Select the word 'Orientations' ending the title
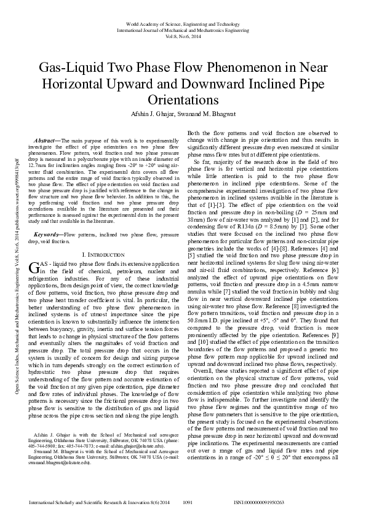click(x=183, y=100)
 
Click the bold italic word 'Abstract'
click(x=47, y=142)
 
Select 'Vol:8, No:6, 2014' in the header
click(x=183, y=36)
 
